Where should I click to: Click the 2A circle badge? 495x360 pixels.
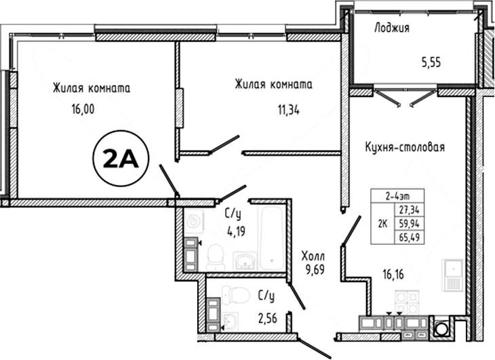click(121, 158)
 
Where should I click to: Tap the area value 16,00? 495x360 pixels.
click(83, 109)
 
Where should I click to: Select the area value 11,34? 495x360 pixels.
click(289, 110)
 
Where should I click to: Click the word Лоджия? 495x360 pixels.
click(392, 28)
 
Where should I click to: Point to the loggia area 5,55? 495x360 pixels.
click(431, 62)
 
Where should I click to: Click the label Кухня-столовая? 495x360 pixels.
click(405, 147)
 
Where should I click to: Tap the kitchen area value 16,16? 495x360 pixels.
click(393, 275)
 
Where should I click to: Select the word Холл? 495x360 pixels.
click(313, 256)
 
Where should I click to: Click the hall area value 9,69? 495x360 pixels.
click(315, 269)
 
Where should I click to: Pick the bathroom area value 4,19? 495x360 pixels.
click(236, 231)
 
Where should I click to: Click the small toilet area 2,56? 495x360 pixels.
click(267, 319)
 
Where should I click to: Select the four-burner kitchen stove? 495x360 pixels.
click(408, 302)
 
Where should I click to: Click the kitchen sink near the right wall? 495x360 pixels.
click(452, 275)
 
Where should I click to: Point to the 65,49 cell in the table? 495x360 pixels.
click(410, 237)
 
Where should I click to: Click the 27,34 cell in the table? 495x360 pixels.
click(410, 209)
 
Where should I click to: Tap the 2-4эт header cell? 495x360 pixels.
click(397, 196)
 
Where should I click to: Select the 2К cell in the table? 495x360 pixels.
click(383, 223)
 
